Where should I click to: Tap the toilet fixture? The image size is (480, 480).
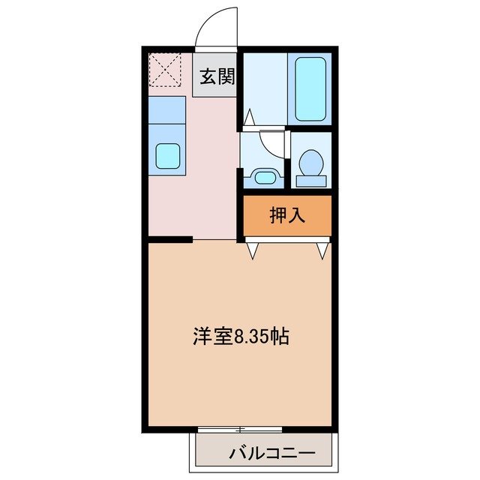[310, 164]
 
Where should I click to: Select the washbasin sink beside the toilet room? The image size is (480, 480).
[263, 177]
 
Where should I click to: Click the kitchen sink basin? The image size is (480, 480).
[166, 157]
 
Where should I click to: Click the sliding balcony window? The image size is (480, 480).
[240, 429]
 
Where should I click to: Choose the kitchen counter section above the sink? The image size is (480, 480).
[166, 109]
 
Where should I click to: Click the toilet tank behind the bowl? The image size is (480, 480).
[310, 180]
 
